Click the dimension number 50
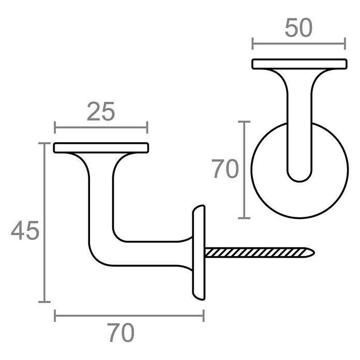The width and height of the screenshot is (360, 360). [x=298, y=28]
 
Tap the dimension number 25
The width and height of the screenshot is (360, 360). [x=101, y=112]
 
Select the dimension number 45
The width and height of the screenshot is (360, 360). [x=25, y=230]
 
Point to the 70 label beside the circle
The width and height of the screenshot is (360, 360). [x=225, y=169]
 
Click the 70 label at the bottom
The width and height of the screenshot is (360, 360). [x=121, y=333]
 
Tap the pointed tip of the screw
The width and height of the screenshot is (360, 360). [x=314, y=253]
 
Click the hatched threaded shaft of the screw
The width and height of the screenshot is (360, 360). [x=256, y=253]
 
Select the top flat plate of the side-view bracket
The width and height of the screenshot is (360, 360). [x=101, y=147]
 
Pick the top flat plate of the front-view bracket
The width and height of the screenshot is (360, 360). [x=299, y=64]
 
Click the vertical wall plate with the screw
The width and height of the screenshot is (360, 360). [x=199, y=252]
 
